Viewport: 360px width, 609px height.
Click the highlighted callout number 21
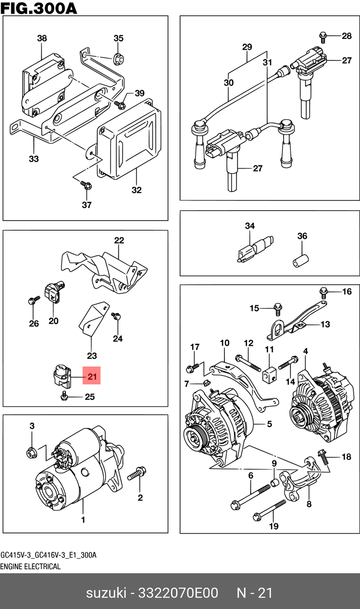(x=92, y=376)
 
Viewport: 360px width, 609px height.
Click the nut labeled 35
(x=118, y=59)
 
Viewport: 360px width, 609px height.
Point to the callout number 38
(x=42, y=38)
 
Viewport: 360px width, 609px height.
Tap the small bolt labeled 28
(x=323, y=37)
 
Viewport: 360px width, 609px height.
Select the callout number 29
(x=247, y=47)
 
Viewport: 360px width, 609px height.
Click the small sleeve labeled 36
(x=300, y=260)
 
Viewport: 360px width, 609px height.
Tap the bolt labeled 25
(x=64, y=397)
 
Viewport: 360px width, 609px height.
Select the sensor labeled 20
(x=53, y=292)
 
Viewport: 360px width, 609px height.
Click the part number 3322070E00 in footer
(x=178, y=593)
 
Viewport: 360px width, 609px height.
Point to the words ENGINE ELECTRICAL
(x=30, y=566)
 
